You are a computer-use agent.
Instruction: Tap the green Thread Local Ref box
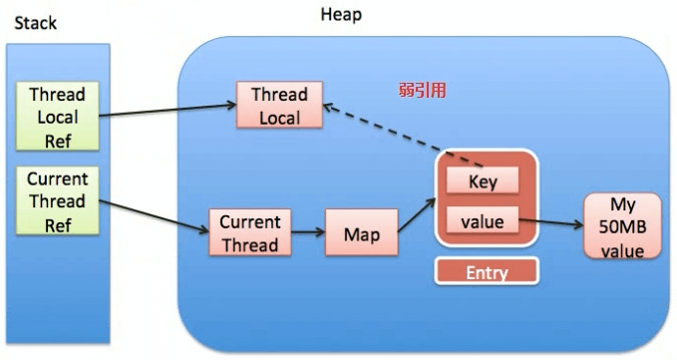tap(58, 117)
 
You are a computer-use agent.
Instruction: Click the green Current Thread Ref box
tap(58, 201)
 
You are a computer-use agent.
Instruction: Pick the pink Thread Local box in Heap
tap(279, 106)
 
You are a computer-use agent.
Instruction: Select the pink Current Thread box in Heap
tap(250, 232)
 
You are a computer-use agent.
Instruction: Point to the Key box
tap(484, 181)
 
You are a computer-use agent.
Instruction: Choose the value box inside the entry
tap(483, 222)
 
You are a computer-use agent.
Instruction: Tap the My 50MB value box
tap(622, 227)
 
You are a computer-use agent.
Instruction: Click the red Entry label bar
tap(487, 271)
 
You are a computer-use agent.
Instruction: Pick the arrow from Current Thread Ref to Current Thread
tap(155, 215)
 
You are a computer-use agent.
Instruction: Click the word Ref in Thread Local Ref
tap(58, 141)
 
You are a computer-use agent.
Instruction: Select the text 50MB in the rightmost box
tap(622, 227)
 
